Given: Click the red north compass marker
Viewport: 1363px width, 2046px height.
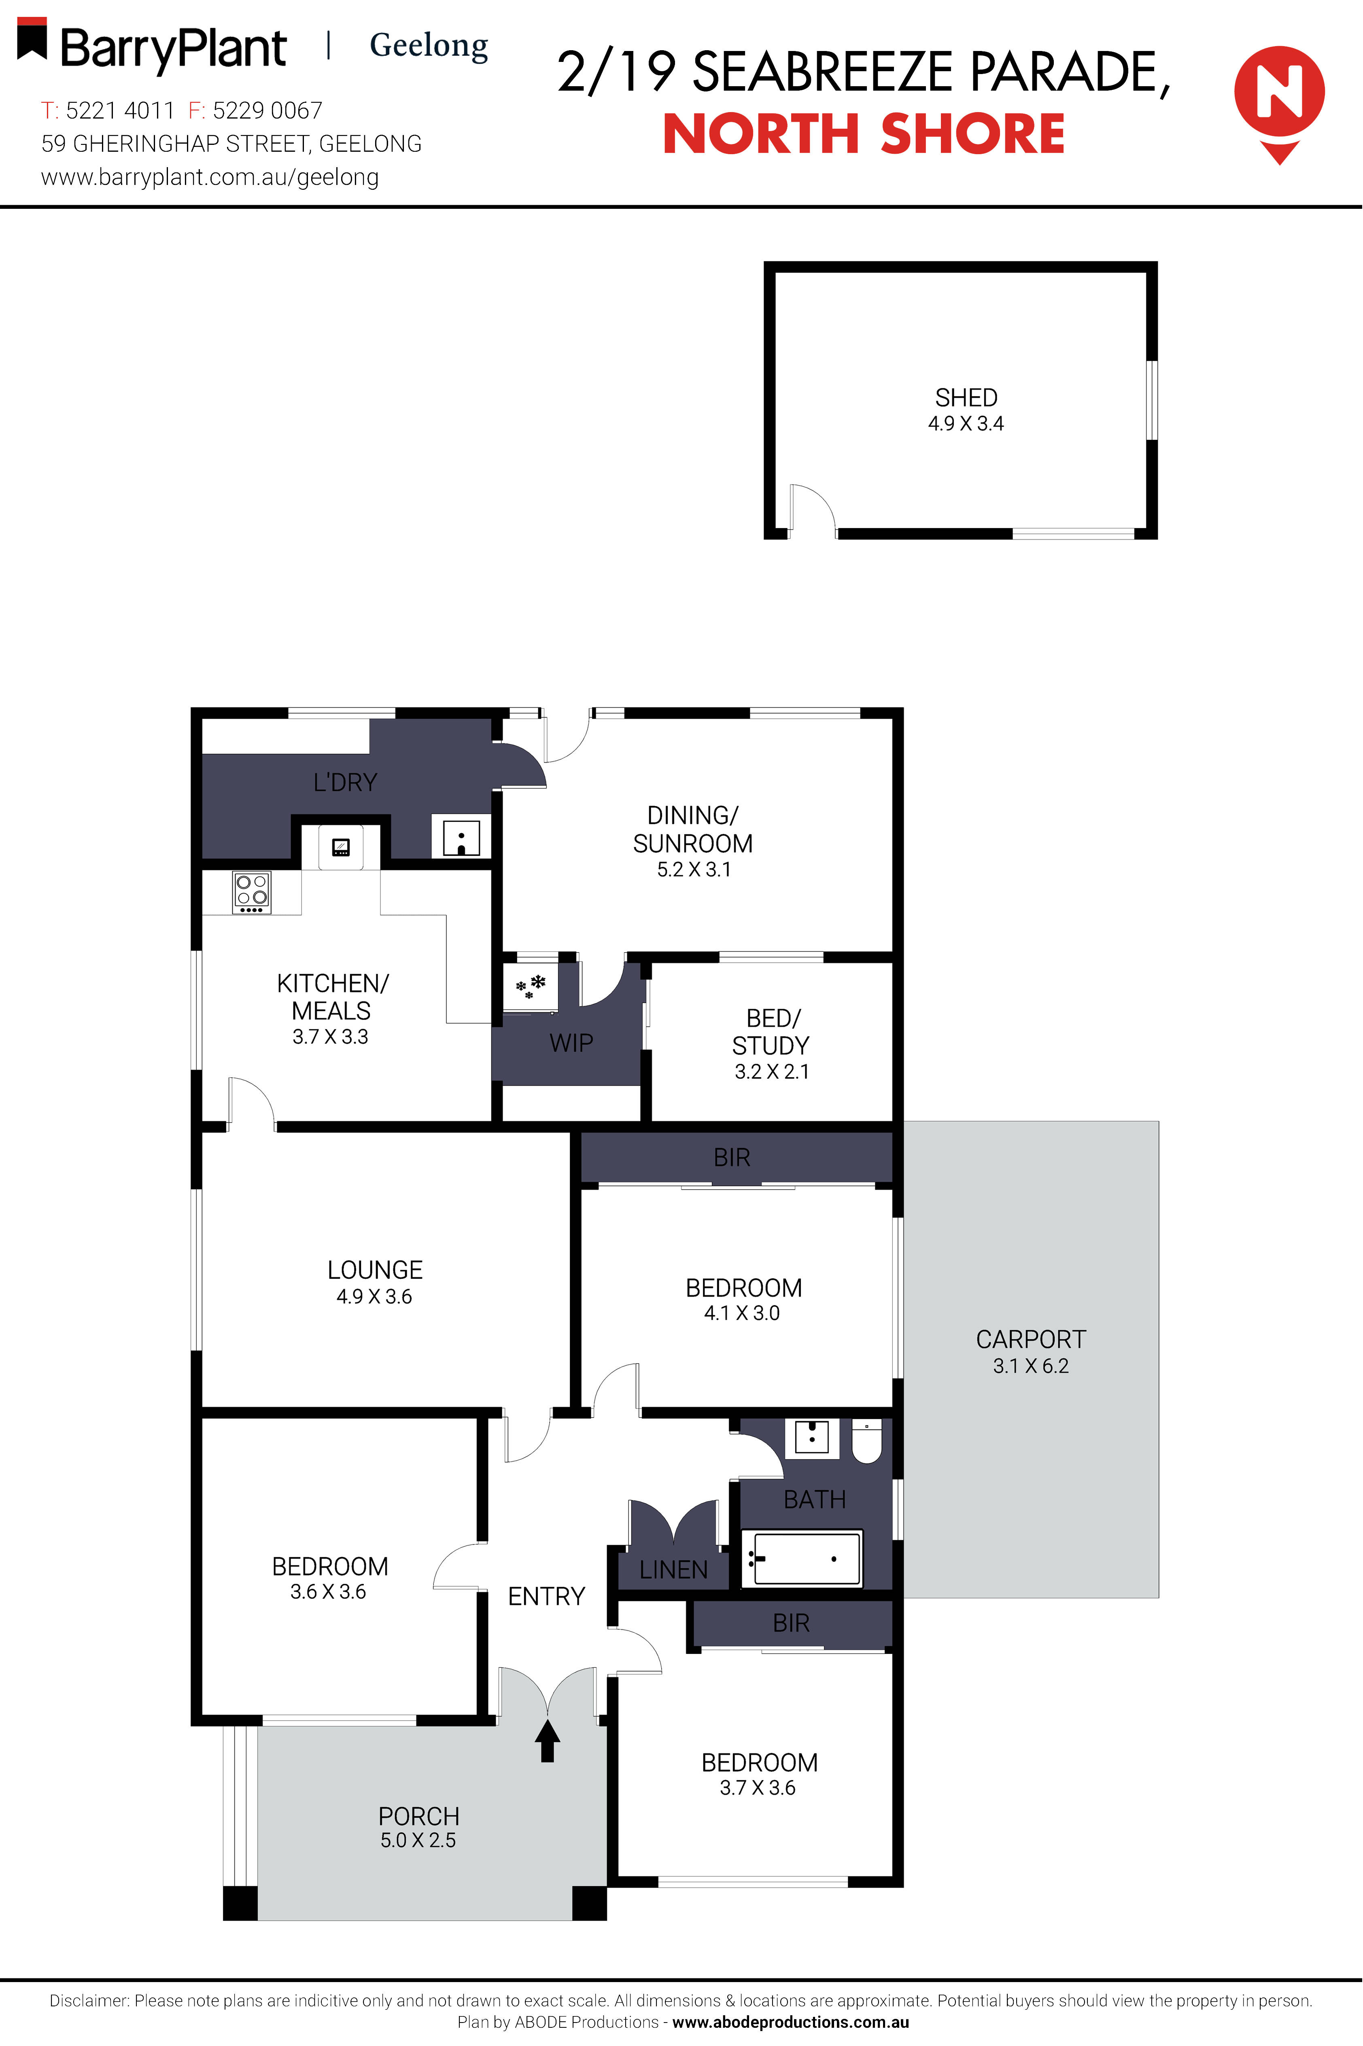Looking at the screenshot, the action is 1279,102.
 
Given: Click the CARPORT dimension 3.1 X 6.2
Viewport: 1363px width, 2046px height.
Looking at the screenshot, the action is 1031,1365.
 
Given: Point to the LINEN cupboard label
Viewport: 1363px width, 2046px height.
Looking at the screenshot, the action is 674,1570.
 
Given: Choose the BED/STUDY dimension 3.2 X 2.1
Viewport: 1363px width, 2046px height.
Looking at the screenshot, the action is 772,1072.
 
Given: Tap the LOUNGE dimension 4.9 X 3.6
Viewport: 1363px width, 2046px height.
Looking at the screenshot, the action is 375,1297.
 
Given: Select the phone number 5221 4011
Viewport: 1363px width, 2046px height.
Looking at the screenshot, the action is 120,110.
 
